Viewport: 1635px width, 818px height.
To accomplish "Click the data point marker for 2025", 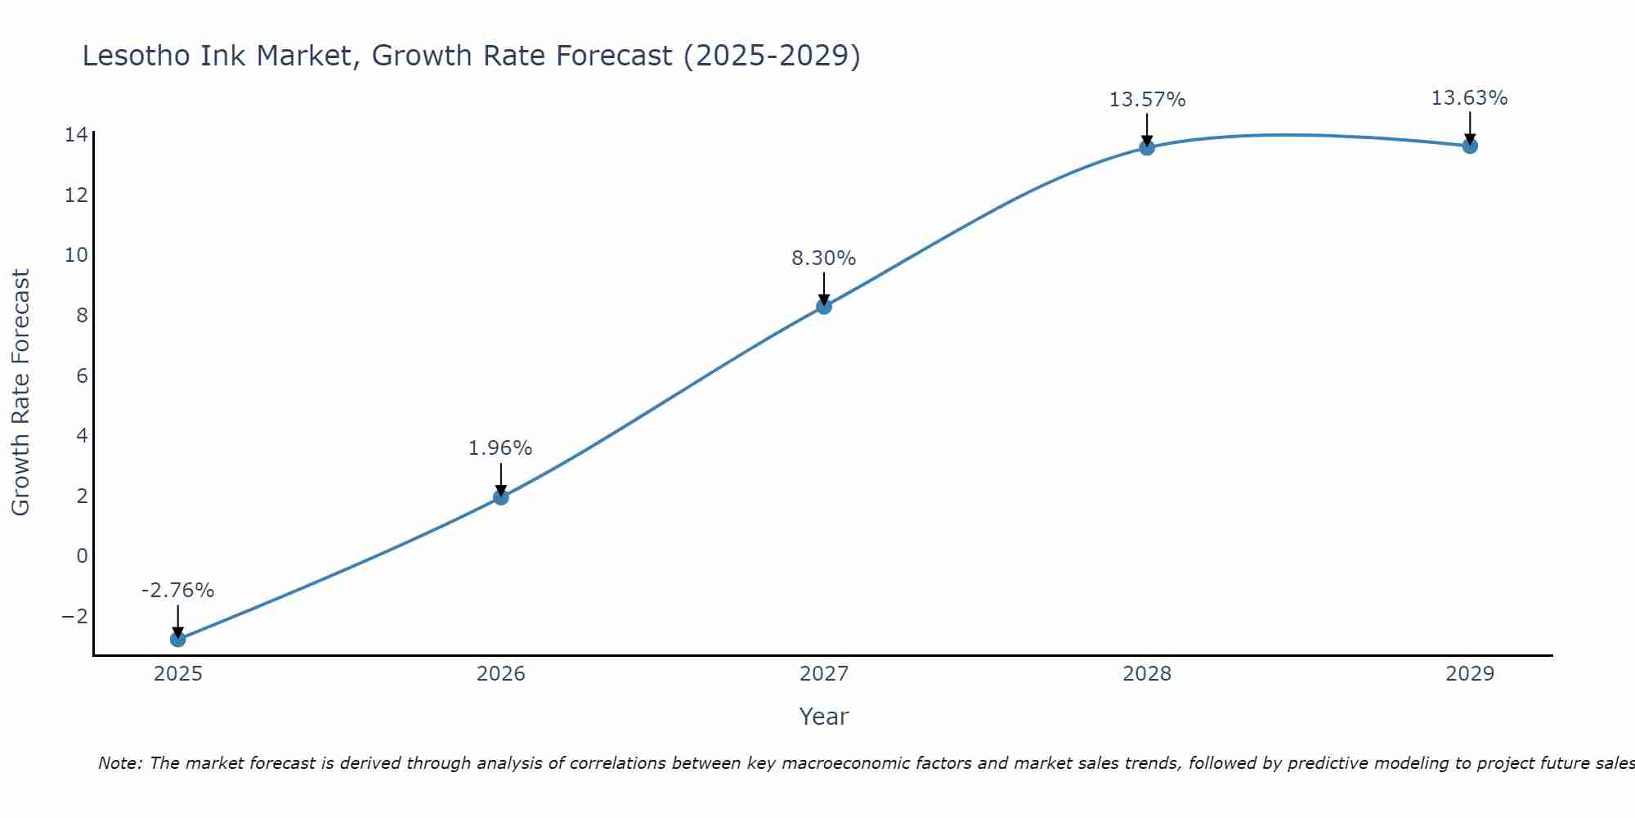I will tap(178, 639).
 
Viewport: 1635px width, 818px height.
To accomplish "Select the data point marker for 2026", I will tap(501, 497).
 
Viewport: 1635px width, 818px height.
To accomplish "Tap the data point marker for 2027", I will tap(824, 306).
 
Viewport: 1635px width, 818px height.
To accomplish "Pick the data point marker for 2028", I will tap(1147, 147).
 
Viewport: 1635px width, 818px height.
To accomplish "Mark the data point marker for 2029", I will tap(1470, 146).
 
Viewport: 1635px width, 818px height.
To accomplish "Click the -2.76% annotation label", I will tap(177, 591).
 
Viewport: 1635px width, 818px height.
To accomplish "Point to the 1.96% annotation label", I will tap(500, 448).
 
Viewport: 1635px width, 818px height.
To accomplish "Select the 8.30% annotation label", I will tap(823, 258).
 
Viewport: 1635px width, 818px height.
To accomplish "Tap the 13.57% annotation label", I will tap(1147, 100).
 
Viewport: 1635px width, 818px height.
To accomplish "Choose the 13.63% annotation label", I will tap(1469, 98).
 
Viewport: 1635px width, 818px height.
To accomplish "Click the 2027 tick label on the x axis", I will tap(824, 674).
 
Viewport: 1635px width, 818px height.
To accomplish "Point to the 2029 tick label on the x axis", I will tap(1470, 674).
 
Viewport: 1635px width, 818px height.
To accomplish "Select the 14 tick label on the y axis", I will tap(76, 135).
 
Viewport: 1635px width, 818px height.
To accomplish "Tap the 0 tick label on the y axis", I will tap(82, 556).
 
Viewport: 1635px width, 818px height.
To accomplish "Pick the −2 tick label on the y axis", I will tap(74, 617).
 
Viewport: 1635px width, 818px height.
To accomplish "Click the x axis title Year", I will tap(824, 717).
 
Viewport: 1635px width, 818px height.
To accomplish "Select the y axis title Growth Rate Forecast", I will tap(20, 393).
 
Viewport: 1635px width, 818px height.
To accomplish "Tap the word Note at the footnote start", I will tap(119, 763).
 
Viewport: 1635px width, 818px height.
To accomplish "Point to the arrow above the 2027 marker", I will tap(824, 288).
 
